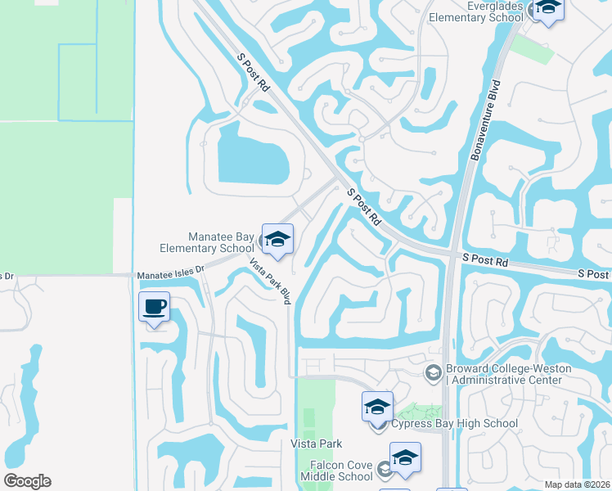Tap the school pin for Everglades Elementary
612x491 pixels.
tap(547, 10)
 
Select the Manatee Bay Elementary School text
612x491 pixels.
tap(210, 243)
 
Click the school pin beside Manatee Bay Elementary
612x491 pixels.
tap(277, 240)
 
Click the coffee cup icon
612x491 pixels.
tap(154, 308)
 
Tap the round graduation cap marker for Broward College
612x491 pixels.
tap(433, 373)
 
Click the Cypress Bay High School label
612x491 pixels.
tap(454, 423)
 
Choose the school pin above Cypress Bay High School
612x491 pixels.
tap(377, 407)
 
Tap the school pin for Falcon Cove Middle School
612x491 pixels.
tap(405, 458)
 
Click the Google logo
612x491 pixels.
tap(27, 481)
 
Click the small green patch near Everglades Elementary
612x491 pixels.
tap(531, 47)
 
